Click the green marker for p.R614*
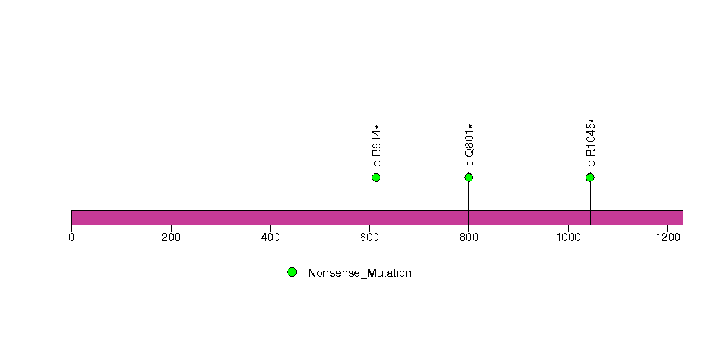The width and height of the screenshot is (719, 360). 376,177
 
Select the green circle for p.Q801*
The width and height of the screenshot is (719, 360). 468,177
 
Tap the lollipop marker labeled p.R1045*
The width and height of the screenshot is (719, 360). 590,177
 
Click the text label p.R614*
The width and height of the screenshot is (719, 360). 377,146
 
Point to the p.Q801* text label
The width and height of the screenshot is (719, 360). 470,146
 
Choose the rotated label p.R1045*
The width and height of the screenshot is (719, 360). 591,143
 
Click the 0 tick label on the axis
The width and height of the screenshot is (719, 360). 71,238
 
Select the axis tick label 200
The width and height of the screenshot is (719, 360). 171,238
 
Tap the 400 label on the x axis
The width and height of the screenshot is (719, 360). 270,238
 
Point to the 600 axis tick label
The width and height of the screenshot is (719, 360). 369,238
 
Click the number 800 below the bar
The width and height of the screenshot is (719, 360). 468,238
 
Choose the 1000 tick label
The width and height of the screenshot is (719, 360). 568,238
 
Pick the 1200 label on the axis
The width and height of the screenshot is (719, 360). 667,238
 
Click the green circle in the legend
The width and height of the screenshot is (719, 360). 292,273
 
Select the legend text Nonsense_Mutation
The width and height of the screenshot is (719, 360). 360,273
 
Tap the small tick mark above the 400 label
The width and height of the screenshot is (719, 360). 270,228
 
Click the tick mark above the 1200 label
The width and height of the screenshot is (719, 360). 667,228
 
